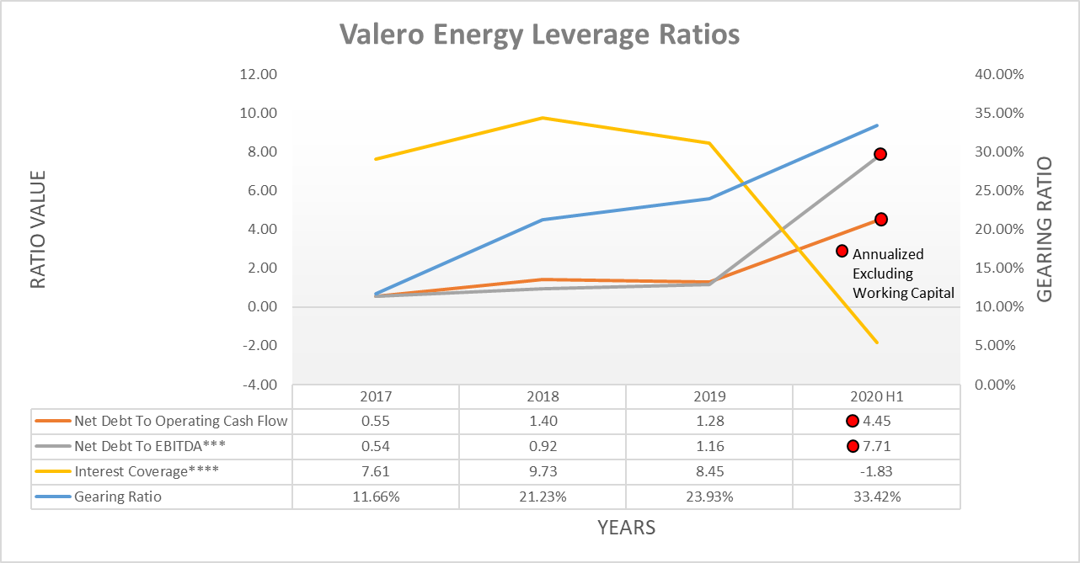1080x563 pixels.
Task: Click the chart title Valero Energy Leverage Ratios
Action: tap(539, 35)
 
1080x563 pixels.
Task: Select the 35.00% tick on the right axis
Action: tap(998, 114)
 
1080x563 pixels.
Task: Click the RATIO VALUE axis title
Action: tap(38, 230)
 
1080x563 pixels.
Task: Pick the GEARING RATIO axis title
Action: tap(1045, 230)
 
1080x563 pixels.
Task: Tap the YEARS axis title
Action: tap(626, 528)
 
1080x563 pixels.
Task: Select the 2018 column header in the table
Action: tap(543, 396)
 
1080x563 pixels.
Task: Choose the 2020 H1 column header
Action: tap(876, 396)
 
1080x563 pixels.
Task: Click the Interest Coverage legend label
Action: tap(147, 471)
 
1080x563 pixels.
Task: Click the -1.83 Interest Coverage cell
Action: tap(876, 471)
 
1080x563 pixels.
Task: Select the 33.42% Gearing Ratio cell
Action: tap(876, 497)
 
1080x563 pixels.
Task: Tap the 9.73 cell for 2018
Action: tap(543, 471)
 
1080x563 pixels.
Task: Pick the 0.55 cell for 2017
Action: tap(376, 421)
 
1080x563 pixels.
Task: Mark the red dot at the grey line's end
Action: tap(880, 154)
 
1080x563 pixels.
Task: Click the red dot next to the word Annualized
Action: tap(842, 251)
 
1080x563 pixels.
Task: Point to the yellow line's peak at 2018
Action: tap(543, 118)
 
